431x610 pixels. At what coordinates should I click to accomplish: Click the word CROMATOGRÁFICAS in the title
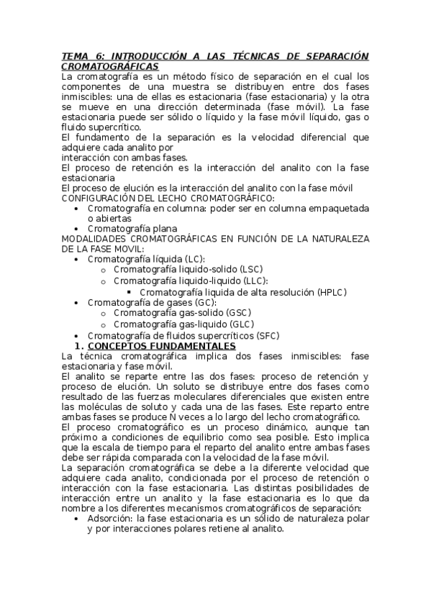[109, 65]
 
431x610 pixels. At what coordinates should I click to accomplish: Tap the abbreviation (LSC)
[250, 269]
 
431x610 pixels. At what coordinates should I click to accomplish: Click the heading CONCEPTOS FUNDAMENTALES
[166, 346]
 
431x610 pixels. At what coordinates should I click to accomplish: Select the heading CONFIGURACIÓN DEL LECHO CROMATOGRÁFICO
[167, 198]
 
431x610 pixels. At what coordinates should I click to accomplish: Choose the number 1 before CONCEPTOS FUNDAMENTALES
[79, 346]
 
